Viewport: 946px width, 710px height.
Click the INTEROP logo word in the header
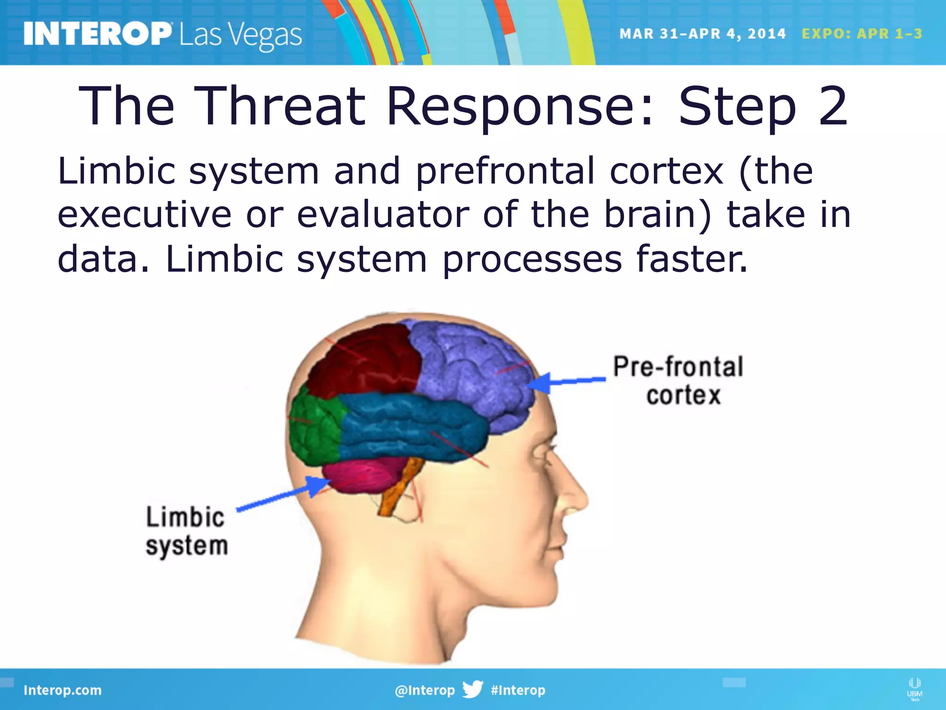(x=97, y=34)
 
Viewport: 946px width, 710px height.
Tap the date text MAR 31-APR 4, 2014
(x=702, y=34)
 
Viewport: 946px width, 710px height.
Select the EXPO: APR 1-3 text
(x=862, y=34)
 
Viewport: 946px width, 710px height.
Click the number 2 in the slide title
(x=833, y=106)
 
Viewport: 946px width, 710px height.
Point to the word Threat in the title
(x=279, y=106)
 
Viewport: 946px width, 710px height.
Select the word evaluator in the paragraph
(x=383, y=215)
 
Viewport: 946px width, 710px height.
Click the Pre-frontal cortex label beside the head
(x=678, y=380)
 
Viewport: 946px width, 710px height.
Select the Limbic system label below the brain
(x=186, y=531)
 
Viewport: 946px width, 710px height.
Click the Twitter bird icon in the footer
(x=473, y=690)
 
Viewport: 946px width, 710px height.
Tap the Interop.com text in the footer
(x=62, y=690)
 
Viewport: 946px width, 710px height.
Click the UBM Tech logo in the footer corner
(x=914, y=689)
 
